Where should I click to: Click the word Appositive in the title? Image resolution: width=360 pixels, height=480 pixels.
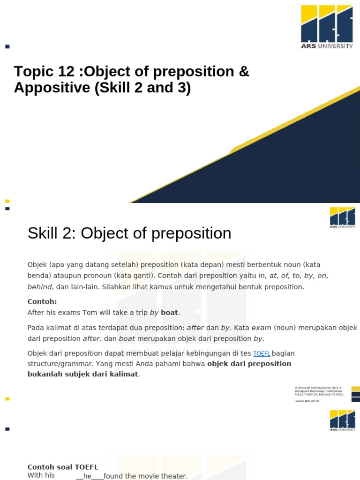pos(52,88)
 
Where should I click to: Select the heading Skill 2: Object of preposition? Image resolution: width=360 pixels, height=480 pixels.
pos(129,233)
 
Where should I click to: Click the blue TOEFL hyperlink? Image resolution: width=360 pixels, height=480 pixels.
pos(262,353)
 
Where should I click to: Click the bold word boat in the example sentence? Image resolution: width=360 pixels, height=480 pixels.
pos(169,312)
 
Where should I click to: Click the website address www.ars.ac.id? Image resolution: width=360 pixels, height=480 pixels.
pos(307,401)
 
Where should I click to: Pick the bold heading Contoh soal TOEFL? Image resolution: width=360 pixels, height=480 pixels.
pos(63,467)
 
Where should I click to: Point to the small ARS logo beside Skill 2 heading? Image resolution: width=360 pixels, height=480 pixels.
pos(342,217)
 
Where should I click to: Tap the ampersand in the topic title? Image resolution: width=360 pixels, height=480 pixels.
pos(244,72)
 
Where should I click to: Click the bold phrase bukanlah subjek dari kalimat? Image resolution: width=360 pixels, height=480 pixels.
pos(83,374)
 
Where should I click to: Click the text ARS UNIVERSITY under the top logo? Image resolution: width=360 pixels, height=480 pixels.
pos(327,46)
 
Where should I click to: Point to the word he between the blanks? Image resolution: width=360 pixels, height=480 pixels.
pos(87,476)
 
